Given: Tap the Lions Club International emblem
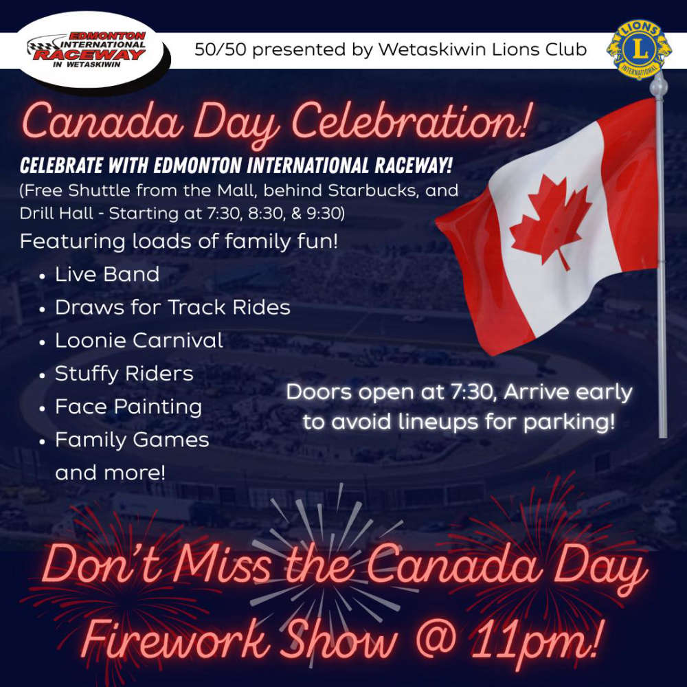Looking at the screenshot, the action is click(x=639, y=49).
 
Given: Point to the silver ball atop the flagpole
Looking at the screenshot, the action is click(x=658, y=85).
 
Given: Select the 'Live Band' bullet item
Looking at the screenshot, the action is click(x=107, y=275).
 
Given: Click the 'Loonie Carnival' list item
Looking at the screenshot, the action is click(x=139, y=341).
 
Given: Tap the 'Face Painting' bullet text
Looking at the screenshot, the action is click(x=128, y=407).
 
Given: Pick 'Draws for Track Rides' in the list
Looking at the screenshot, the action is click(x=172, y=308).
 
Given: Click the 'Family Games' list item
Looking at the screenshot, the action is click(x=132, y=440).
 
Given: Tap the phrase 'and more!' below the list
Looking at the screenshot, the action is click(x=111, y=473).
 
